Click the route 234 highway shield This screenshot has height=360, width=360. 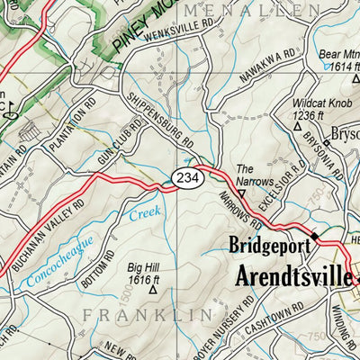coord(184,175)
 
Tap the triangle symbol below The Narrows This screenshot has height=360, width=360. coord(241,192)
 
